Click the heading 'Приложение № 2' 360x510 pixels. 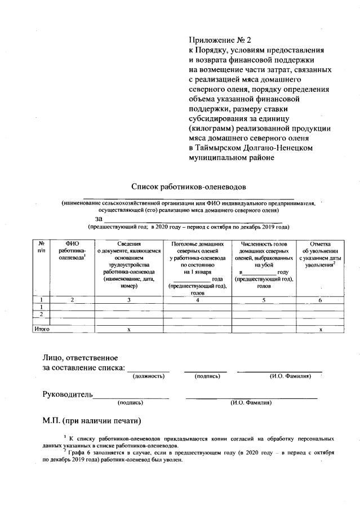tap(219, 40)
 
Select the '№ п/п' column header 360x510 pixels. tap(41, 246)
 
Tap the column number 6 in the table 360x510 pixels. tap(320, 300)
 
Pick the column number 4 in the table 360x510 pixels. tap(198, 300)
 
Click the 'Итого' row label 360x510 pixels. tap(42, 329)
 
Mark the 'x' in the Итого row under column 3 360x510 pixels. tap(129, 329)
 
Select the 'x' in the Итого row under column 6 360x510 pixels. tap(320, 329)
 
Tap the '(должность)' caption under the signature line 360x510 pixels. tap(149, 376)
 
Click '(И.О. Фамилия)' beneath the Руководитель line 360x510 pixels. tap(251, 403)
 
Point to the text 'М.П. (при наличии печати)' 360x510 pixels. tap(91, 420)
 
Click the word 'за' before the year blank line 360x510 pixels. tap(99, 218)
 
